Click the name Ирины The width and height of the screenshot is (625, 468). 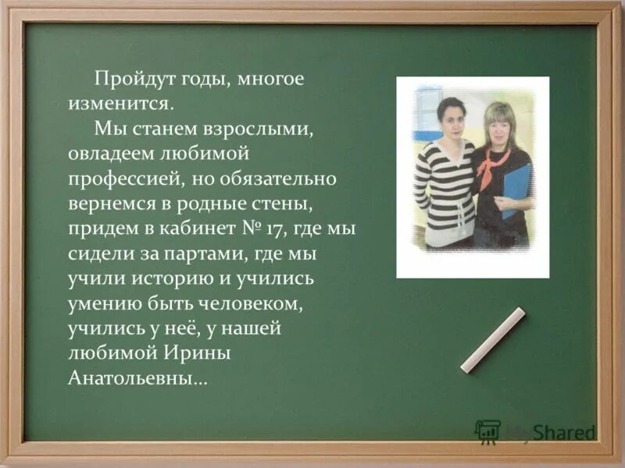click(195, 355)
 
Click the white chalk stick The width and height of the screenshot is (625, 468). click(493, 340)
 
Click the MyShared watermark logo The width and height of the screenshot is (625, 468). click(536, 431)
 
